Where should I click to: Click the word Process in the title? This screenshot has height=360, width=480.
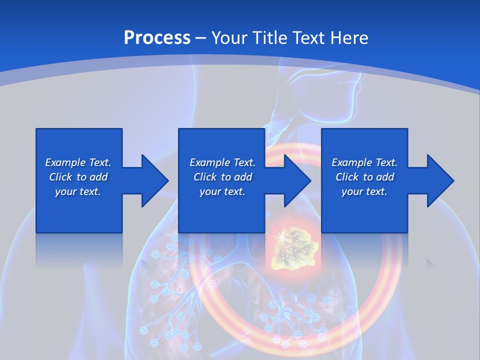tap(157, 37)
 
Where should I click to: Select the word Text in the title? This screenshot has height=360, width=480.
tap(309, 37)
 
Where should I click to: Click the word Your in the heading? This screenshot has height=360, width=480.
tap(229, 37)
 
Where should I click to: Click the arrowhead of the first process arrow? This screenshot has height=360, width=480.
tap(155, 180)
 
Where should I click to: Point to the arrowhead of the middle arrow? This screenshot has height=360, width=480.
tap(297, 180)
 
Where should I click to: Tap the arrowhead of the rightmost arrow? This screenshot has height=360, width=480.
tap(440, 180)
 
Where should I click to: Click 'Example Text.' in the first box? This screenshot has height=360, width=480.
tap(78, 162)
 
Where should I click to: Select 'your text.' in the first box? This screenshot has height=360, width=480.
tap(78, 191)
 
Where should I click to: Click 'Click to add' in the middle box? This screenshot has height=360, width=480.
tap(222, 177)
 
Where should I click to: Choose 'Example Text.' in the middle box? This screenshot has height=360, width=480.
tap(222, 162)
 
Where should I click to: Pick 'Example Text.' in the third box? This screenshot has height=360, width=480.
tap(364, 162)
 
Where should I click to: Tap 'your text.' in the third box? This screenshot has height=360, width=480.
tap(364, 191)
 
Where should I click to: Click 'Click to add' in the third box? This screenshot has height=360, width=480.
tap(364, 177)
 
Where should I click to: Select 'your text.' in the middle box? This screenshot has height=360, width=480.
tap(222, 191)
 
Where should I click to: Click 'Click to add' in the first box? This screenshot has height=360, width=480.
tap(78, 177)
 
